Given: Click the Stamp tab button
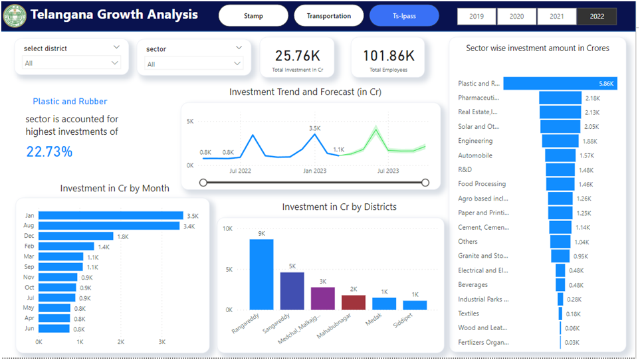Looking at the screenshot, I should pos(253,16).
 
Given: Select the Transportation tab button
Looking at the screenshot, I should pos(329,16).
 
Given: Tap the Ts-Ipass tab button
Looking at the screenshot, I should pos(404,16).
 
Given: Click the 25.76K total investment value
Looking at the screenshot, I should pos(297,56).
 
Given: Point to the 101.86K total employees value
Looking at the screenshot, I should pos(389,56).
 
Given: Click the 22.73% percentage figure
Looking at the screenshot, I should pos(49,151).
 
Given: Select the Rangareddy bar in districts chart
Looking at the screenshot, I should pos(261,274).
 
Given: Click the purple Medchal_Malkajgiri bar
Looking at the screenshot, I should pos(322,298).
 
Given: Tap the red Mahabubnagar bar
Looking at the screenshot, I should pos(354,302).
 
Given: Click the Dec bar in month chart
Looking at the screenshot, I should pos(76,236).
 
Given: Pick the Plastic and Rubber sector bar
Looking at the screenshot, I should pos(560,84).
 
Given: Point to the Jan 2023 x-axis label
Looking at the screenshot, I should pos(316,171).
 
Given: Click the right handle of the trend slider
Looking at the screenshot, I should pos(425,183).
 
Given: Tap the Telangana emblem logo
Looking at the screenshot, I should pos(15,15).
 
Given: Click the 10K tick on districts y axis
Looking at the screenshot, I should pos(227,228).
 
